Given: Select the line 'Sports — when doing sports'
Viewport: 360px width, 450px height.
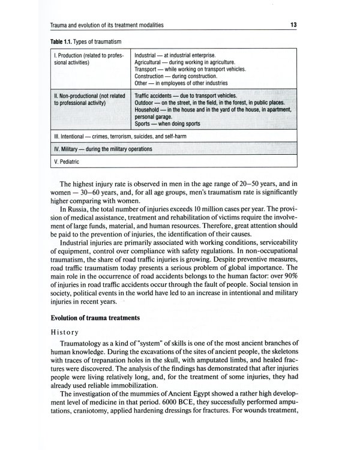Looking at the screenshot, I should click(x=167, y=124).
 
